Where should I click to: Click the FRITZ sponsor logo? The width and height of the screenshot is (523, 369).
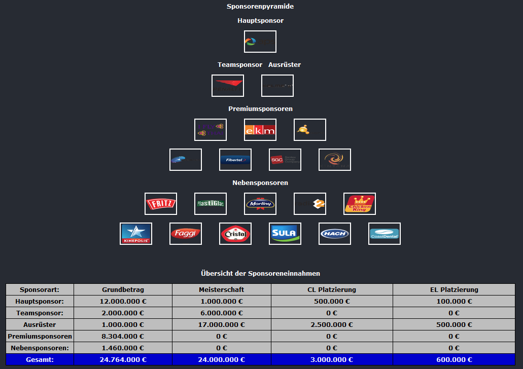pyautogui.click(x=161, y=204)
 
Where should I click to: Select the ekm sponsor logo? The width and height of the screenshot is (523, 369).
pyautogui.click(x=260, y=130)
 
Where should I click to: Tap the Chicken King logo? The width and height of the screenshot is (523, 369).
pyautogui.click(x=360, y=204)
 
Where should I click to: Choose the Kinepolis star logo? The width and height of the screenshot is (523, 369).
pyautogui.click(x=136, y=234)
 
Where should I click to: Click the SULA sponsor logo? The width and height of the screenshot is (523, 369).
pyautogui.click(x=285, y=234)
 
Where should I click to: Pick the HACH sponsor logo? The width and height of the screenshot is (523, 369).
pyautogui.click(x=335, y=234)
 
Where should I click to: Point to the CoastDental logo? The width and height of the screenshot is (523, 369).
pyautogui.click(x=385, y=234)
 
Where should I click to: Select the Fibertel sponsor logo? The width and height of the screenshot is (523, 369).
pyautogui.click(x=235, y=160)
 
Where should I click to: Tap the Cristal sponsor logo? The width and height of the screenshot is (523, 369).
pyautogui.click(x=235, y=234)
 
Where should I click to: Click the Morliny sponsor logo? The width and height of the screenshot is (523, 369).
pyautogui.click(x=260, y=204)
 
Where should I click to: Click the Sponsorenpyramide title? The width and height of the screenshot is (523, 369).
pyautogui.click(x=260, y=7)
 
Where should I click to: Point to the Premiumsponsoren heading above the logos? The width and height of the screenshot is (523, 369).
pyautogui.click(x=260, y=109)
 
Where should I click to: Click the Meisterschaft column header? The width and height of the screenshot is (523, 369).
pyautogui.click(x=221, y=290)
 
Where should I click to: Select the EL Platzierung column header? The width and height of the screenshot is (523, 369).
pyautogui.click(x=454, y=290)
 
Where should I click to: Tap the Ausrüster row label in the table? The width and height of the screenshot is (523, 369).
pyautogui.click(x=40, y=325)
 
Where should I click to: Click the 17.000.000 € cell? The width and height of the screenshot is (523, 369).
pyautogui.click(x=221, y=325)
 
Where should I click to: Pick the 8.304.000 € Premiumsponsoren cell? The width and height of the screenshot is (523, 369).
pyautogui.click(x=123, y=337)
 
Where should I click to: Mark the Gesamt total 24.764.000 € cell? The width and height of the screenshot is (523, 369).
pyautogui.click(x=123, y=360)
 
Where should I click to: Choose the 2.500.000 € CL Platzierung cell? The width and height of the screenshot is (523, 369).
pyautogui.click(x=332, y=325)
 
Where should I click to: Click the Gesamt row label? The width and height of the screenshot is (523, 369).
pyautogui.click(x=40, y=360)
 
